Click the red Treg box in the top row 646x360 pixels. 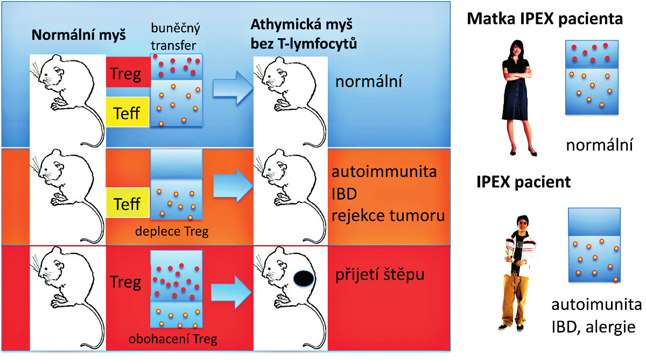point(127,73)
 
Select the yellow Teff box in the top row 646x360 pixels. point(127,112)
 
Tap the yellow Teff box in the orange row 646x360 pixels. point(127,204)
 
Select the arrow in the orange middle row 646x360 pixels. point(233,186)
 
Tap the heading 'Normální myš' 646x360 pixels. point(79,36)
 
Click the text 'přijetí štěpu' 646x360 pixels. point(380,275)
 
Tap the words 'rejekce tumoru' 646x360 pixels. point(388,216)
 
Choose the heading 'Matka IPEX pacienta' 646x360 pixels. point(545,20)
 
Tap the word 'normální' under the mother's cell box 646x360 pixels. point(599,145)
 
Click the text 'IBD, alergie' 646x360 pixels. point(596,327)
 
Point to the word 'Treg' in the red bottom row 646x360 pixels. point(125,282)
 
